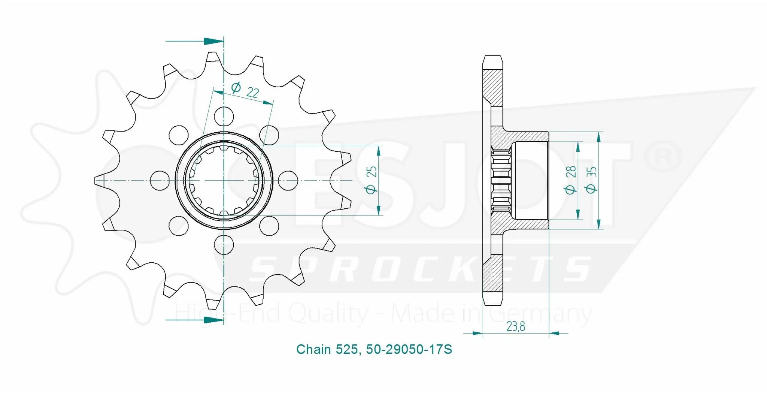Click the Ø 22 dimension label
tap(245, 90)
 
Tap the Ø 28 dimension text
tap(570, 180)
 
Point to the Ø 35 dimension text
tap(591, 180)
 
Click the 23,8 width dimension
tap(516, 326)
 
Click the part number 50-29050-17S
tap(409, 349)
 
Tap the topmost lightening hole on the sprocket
tap(224, 116)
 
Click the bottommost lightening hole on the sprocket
tap(224, 245)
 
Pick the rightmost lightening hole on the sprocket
tap(288, 180)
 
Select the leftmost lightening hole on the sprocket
tap(160, 180)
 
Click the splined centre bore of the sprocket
tap(224, 180)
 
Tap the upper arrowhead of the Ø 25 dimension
tap(379, 151)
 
